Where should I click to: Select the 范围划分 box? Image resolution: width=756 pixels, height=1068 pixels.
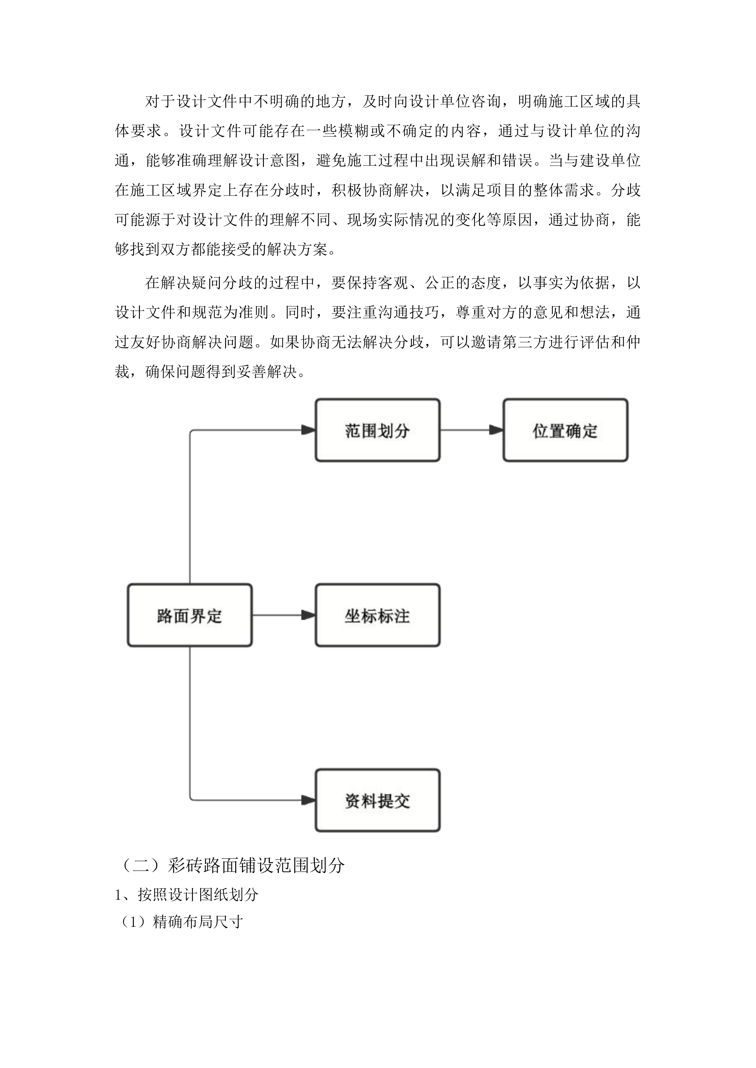(x=378, y=430)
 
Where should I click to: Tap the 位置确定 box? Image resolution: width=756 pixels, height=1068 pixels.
(x=565, y=430)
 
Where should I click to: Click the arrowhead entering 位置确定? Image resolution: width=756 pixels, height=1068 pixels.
(x=496, y=430)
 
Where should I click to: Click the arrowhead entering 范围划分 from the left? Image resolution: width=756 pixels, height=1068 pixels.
(x=309, y=430)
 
